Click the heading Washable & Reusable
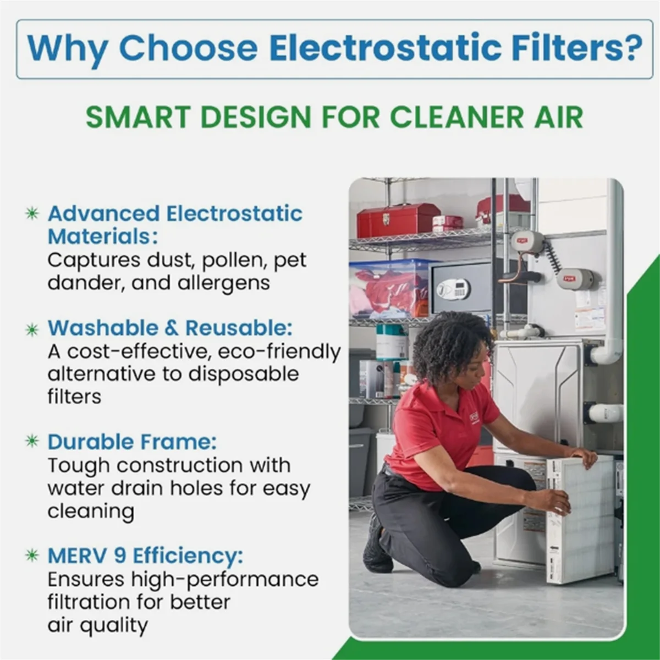[x=170, y=328]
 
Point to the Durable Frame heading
[x=132, y=442]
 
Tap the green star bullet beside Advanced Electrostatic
[x=32, y=213]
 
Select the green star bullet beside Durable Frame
[x=32, y=442]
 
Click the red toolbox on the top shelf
[x=398, y=219]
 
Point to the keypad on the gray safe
[x=453, y=289]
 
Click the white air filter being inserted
[x=580, y=520]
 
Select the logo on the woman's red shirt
[x=474, y=418]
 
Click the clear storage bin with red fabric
[x=389, y=289]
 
